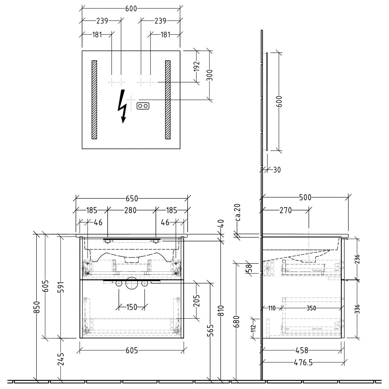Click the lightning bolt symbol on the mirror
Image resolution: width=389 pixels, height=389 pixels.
[122, 106]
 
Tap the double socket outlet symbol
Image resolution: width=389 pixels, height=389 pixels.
[143, 106]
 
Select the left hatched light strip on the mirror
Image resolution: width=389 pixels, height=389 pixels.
[94, 100]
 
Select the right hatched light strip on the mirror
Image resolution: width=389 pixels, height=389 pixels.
[168, 100]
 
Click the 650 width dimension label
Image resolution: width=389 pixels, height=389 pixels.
[132, 199]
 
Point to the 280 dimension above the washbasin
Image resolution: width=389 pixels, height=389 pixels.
[130, 210]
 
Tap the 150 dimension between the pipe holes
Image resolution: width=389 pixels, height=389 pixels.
[131, 307]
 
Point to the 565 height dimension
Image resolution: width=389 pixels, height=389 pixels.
[211, 330]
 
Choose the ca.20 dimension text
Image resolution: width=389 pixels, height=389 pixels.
[238, 212]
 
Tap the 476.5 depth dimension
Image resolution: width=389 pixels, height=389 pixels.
[303, 362]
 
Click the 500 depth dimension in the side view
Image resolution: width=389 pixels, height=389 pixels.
[305, 197]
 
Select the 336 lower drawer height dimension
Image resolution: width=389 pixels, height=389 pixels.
[357, 309]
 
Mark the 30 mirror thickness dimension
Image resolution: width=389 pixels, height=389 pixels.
[277, 170]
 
